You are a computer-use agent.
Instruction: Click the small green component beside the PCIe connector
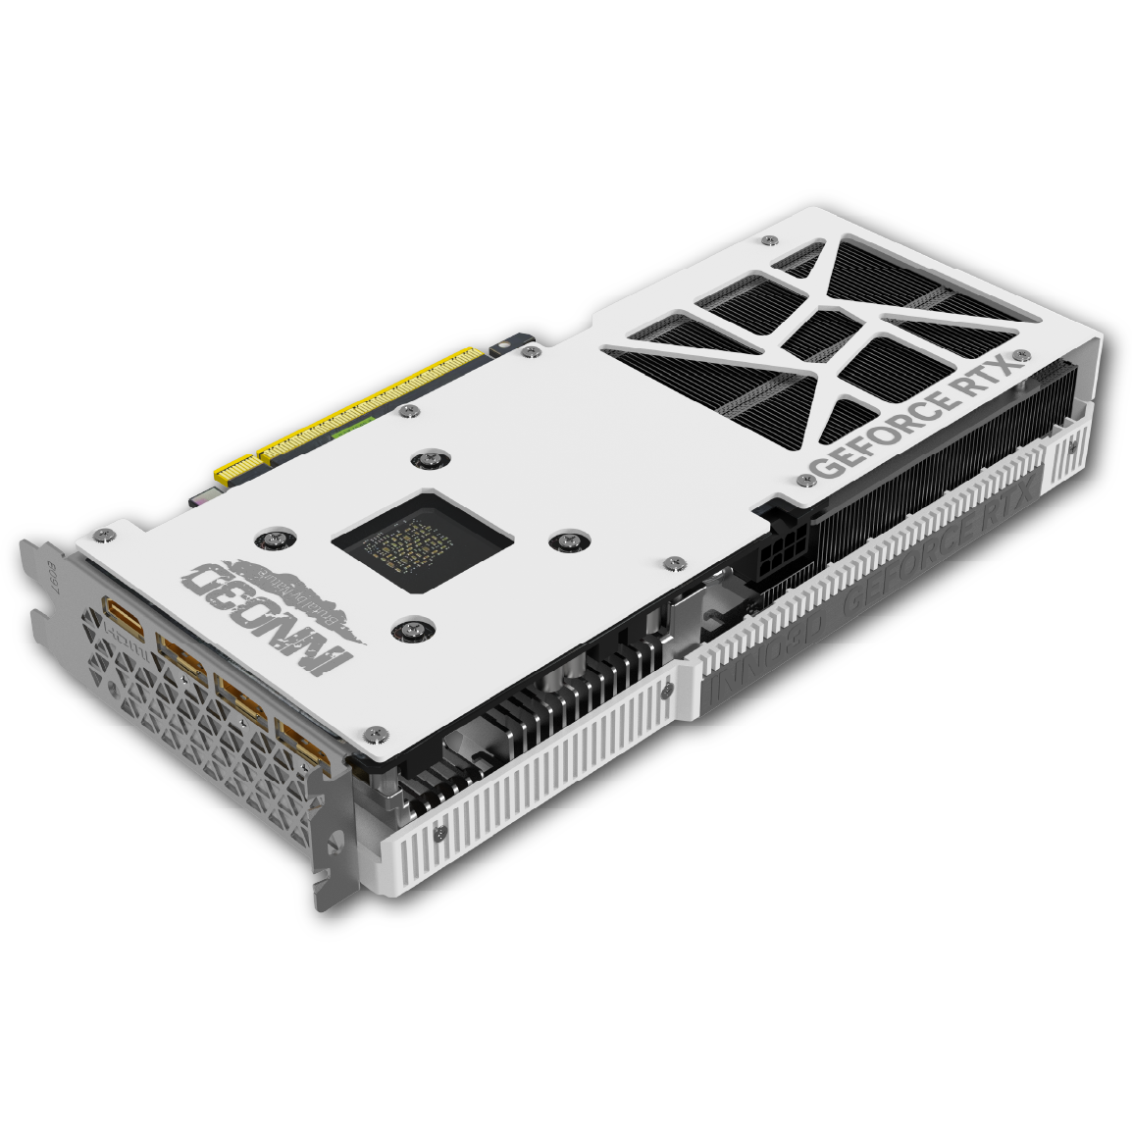click(353, 430)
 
